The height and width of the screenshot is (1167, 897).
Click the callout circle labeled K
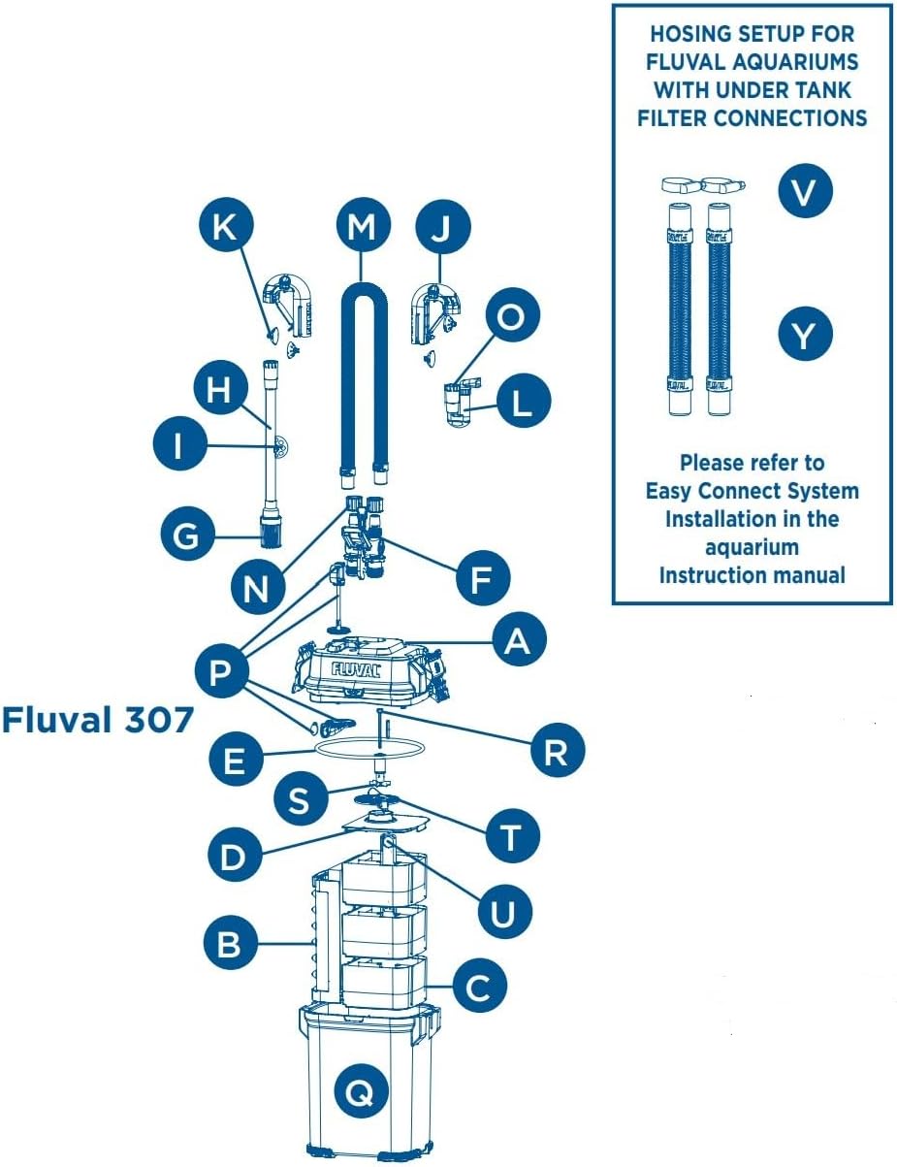tap(224, 227)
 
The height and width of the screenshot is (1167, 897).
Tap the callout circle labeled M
tap(364, 226)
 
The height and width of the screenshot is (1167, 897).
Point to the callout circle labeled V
tap(805, 191)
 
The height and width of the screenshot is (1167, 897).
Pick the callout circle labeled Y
tap(805, 334)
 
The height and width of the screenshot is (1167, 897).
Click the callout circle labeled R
tap(558, 750)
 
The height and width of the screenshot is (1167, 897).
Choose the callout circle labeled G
tap(188, 535)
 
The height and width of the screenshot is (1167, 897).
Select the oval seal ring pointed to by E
tap(368, 749)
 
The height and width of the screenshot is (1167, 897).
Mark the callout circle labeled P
tap(221, 670)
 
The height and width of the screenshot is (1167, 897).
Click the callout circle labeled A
tap(519, 639)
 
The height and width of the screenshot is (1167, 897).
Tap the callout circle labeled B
tap(230, 943)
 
